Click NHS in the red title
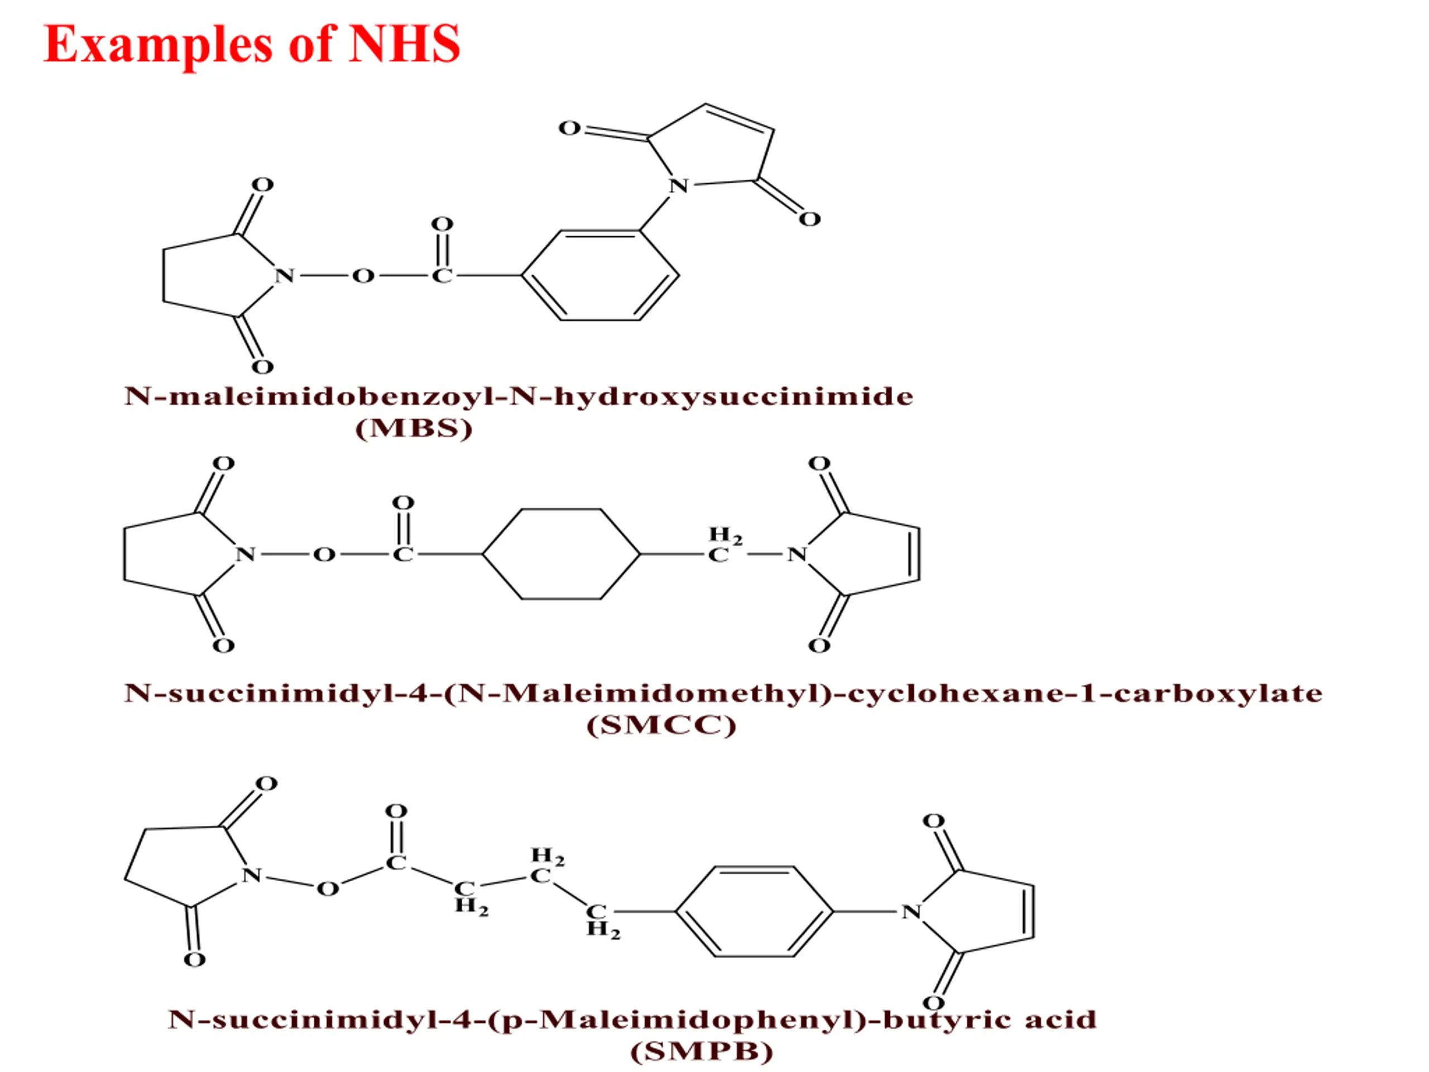click(x=404, y=44)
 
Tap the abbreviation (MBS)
click(x=414, y=428)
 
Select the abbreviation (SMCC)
click(x=661, y=725)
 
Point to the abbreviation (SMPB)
click(x=702, y=1051)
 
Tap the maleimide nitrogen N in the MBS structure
click(x=678, y=186)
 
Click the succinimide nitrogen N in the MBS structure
click(x=284, y=276)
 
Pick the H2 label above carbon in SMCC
click(x=726, y=535)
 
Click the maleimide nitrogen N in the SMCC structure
click(x=797, y=554)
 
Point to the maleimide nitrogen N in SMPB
click(x=911, y=912)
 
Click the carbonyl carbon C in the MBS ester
click(x=442, y=276)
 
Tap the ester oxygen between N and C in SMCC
click(x=324, y=554)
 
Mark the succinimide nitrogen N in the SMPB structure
click(x=251, y=875)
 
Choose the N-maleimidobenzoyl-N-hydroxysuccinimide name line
click(x=519, y=396)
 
